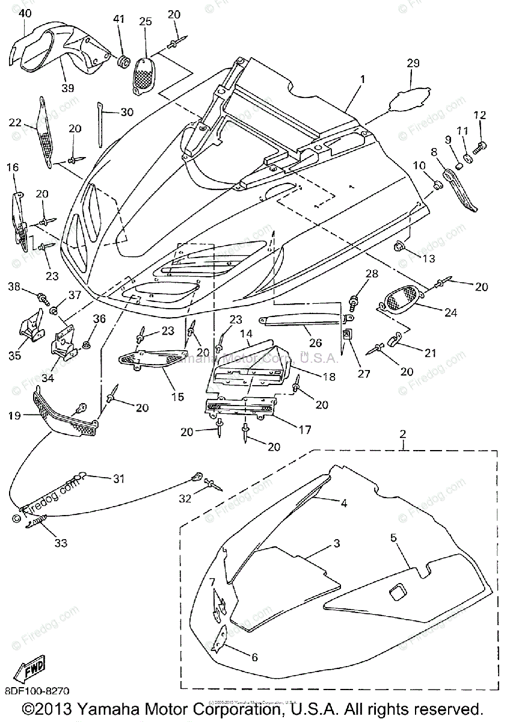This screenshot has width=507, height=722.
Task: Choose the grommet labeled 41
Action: coord(123,61)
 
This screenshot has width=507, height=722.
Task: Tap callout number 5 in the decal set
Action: coord(393,538)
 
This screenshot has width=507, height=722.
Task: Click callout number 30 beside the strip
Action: coord(126,112)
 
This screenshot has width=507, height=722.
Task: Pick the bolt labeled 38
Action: coord(42,296)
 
